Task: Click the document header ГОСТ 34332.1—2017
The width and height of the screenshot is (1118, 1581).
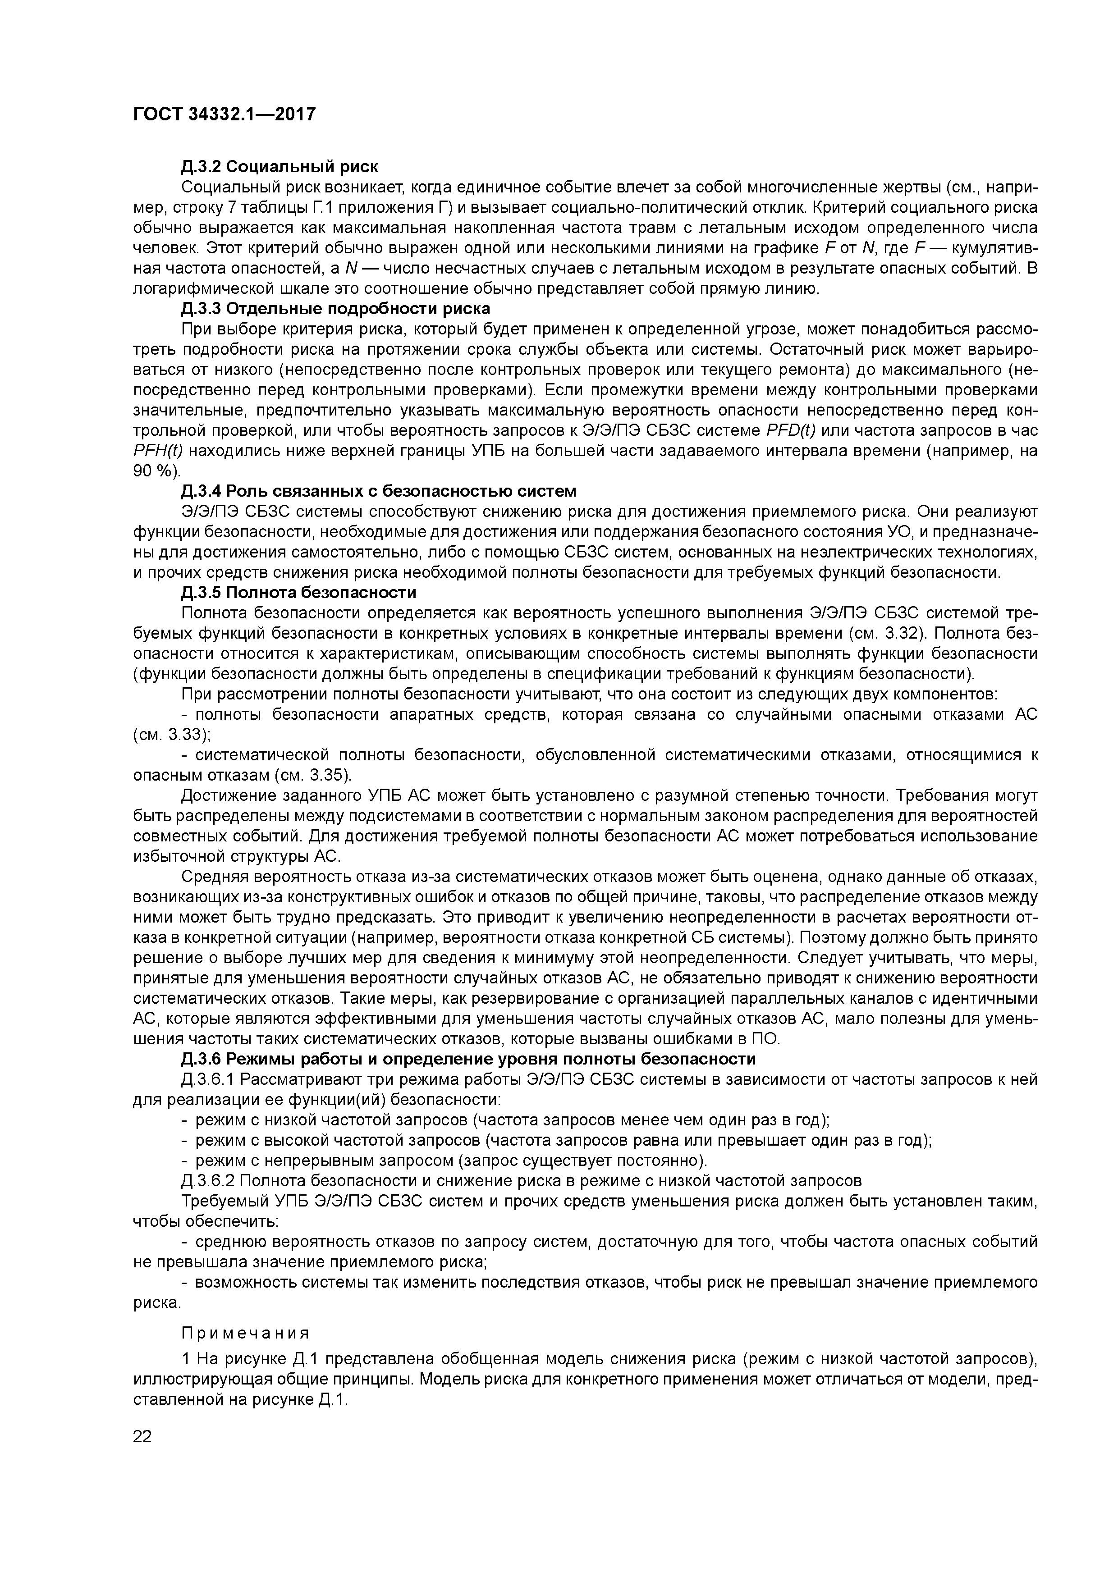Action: click(x=224, y=114)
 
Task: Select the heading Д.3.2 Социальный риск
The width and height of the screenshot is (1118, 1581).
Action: click(x=279, y=167)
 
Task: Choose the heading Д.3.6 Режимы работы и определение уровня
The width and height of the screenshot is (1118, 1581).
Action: click(x=468, y=1058)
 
